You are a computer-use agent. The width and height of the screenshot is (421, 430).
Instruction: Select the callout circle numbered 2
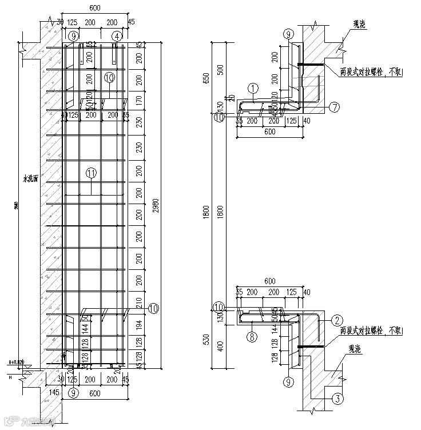(337, 320)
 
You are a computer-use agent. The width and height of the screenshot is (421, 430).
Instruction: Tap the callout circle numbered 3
(337, 398)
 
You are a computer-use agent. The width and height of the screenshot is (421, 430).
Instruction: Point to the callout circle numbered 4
(117, 36)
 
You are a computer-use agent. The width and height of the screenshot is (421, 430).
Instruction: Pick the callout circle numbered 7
(335, 107)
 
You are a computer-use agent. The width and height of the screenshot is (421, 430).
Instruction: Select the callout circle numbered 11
(91, 172)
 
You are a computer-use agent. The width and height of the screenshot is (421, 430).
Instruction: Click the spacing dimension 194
(140, 325)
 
